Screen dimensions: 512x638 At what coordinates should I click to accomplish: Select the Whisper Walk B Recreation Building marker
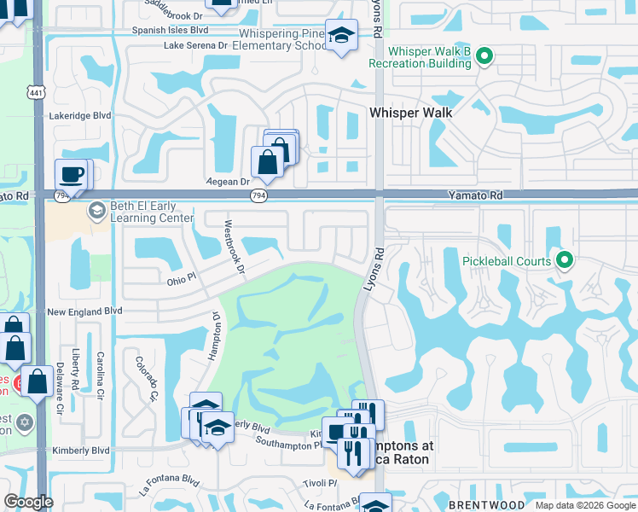(484, 57)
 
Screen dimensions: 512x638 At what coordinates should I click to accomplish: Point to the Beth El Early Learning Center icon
(96, 210)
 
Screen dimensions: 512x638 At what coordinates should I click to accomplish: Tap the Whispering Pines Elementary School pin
(341, 36)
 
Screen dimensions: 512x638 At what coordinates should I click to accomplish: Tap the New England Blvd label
(84, 313)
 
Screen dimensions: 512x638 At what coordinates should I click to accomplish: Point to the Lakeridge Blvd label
(80, 115)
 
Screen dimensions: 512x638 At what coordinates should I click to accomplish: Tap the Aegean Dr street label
(227, 182)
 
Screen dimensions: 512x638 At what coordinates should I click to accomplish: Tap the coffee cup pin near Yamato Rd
(72, 174)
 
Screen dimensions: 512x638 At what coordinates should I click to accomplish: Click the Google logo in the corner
(27, 502)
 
